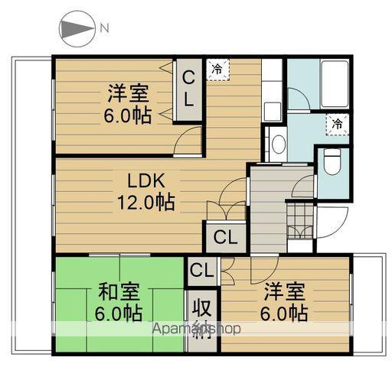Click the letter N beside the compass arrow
point(103,30)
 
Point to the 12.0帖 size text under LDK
point(145,203)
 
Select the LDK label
point(145,182)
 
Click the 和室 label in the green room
point(118,292)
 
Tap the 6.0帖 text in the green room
point(118,313)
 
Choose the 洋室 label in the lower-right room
point(286,291)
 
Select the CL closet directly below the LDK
point(225,235)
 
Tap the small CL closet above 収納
point(201,270)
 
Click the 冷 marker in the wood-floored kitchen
point(218,68)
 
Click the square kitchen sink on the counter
point(272,111)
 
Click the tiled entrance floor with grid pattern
point(301,222)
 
